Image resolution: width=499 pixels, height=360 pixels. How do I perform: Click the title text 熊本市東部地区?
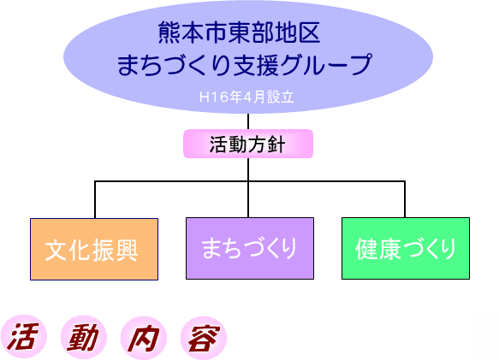click(x=239, y=32)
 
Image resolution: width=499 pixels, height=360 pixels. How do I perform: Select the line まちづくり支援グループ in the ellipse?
click(x=245, y=65)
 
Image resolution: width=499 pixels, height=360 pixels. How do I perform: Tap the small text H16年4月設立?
click(x=247, y=97)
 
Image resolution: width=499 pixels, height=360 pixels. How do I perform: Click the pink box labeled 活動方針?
click(x=248, y=144)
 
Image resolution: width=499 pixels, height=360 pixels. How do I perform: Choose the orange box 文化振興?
click(x=94, y=249)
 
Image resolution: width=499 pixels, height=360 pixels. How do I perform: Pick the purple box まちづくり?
click(x=250, y=248)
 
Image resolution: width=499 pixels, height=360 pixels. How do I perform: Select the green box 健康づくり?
click(x=406, y=248)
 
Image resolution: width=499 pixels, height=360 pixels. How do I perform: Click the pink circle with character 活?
click(x=24, y=337)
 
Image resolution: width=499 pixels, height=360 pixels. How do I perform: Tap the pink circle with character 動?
click(x=83, y=337)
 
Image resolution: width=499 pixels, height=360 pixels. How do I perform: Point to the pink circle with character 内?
click(x=144, y=338)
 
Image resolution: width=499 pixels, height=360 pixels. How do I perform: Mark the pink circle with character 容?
click(x=204, y=338)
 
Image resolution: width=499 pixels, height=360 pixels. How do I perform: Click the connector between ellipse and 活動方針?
click(x=248, y=121)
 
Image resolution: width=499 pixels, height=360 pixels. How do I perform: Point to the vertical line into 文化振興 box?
click(x=95, y=200)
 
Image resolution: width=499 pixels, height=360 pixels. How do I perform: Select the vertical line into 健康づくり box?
click(x=405, y=199)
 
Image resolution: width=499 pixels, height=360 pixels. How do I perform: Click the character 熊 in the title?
click(x=169, y=32)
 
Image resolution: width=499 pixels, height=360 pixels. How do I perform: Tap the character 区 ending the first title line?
click(x=309, y=32)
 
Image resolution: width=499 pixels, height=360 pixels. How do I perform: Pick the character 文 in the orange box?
click(x=56, y=250)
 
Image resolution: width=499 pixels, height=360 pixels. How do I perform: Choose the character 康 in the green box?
click(x=389, y=249)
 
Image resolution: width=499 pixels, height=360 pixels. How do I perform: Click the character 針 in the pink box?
click(x=276, y=145)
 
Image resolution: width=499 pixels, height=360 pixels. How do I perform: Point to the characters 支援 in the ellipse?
click(x=256, y=65)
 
